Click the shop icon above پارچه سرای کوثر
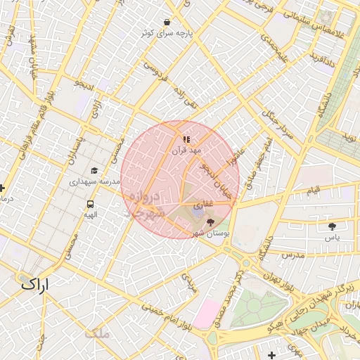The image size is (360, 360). coord(167,22)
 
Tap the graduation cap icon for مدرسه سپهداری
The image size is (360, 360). coord(94,170)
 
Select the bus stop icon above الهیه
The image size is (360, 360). coord(90,202)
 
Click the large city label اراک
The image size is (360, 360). coord(36,285)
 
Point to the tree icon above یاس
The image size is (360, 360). coord(332,226)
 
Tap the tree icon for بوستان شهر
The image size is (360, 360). coord(210,222)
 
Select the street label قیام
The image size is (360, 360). coord(313,191)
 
